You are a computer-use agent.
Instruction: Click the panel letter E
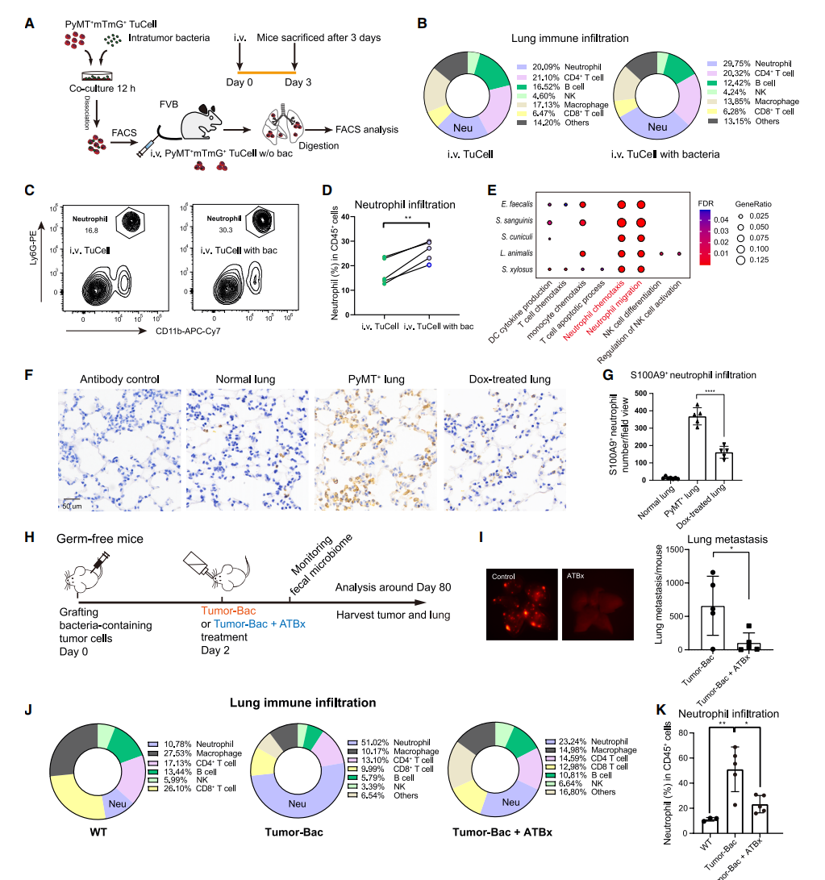click(494, 190)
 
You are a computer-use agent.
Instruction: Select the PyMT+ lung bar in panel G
click(696, 448)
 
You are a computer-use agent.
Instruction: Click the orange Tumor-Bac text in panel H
click(223, 610)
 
